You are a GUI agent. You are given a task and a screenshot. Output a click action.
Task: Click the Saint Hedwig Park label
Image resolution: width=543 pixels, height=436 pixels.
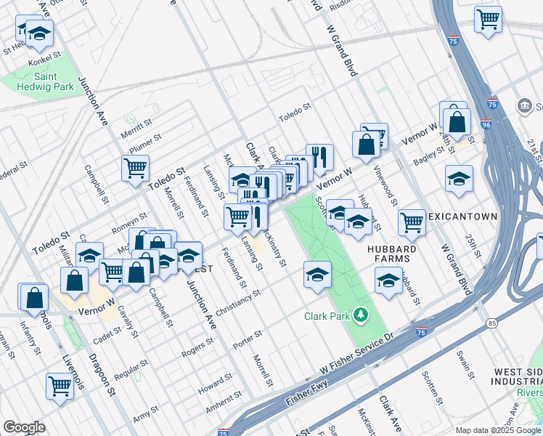pyautogui.click(x=45, y=81)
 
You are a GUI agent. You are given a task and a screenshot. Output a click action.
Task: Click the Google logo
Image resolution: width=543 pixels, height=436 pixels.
pyautogui.click(x=24, y=427)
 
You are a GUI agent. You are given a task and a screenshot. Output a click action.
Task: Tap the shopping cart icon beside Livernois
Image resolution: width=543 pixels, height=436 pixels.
pyautogui.click(x=60, y=385)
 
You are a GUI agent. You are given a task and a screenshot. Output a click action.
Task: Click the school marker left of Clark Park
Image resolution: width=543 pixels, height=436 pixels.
pyautogui.click(x=317, y=275)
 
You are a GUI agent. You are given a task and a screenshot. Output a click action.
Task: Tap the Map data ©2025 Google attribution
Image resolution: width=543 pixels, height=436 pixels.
pyautogui.click(x=497, y=430)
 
